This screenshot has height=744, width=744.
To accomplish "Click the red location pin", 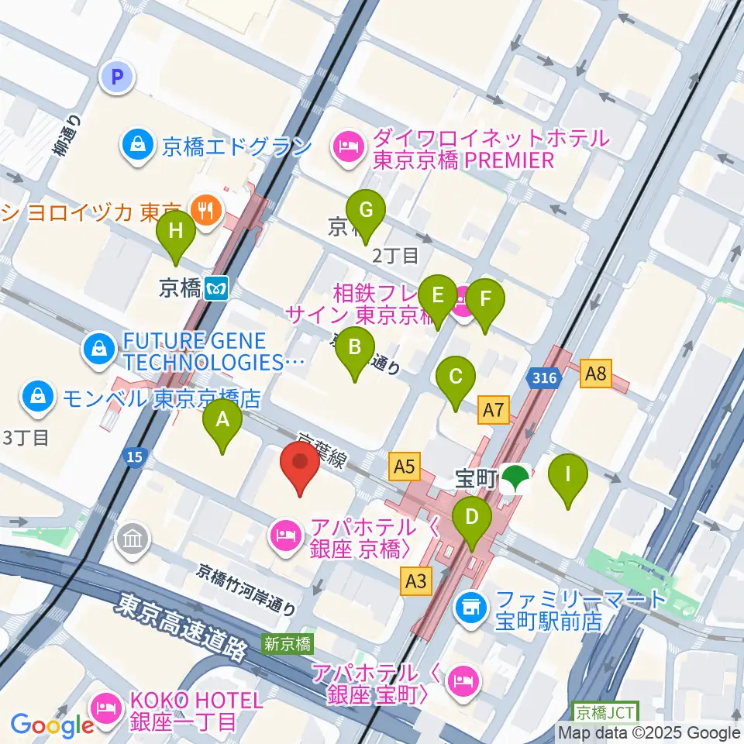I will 300,465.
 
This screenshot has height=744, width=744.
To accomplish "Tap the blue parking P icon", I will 118,77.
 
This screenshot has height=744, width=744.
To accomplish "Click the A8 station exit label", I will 595,375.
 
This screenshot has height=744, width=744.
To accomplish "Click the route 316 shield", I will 545,378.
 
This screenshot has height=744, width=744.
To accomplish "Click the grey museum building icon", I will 132,538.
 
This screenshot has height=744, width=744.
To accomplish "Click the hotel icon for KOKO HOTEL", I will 104,708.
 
